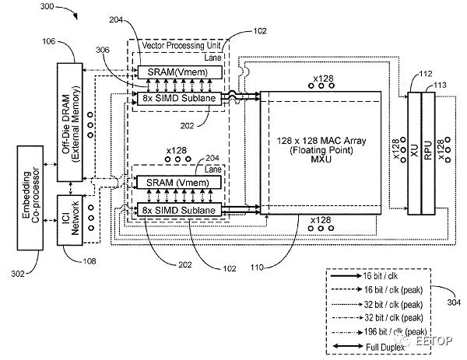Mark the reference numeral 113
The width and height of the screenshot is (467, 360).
441,86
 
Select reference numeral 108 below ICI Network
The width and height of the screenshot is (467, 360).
90,261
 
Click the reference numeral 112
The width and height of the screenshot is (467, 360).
424,75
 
